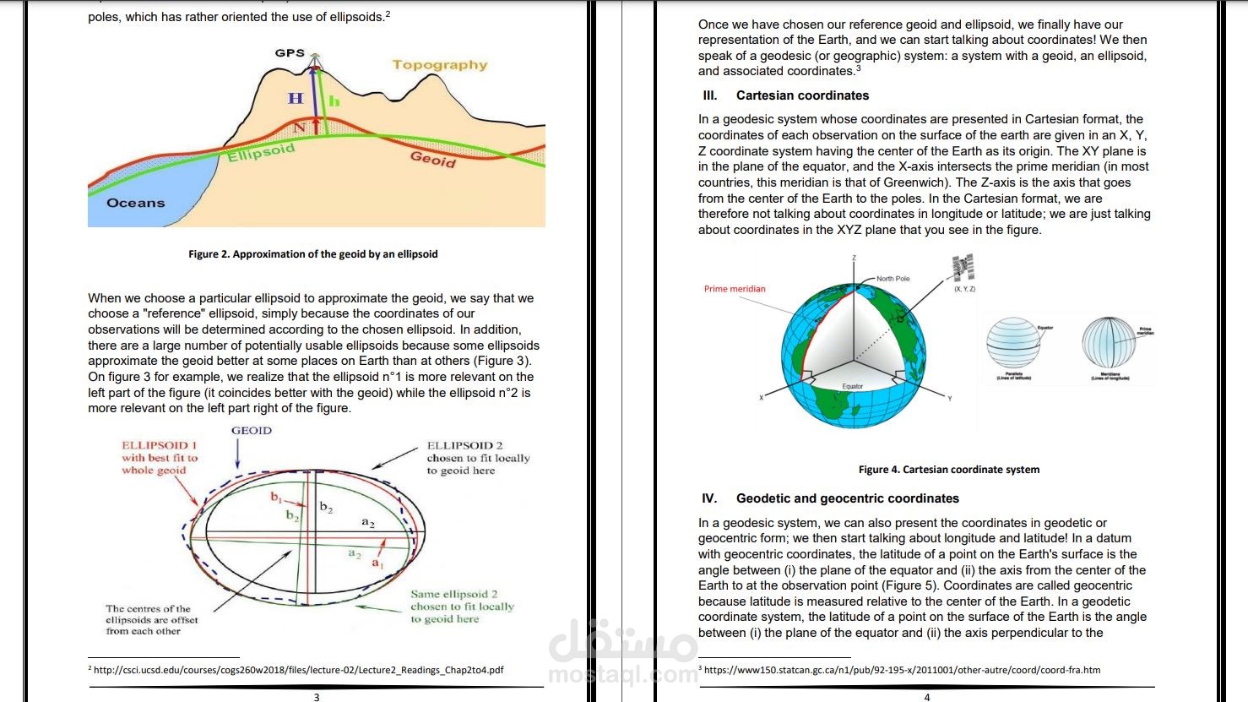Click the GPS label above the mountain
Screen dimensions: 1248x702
click(x=290, y=52)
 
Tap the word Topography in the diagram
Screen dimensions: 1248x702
click(x=440, y=65)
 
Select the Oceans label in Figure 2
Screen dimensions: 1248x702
click(x=136, y=203)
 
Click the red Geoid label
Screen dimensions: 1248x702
click(x=433, y=159)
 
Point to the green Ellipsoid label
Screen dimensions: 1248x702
click(x=261, y=153)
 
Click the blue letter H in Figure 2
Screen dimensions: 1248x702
click(x=296, y=98)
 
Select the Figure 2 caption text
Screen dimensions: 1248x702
click(x=313, y=253)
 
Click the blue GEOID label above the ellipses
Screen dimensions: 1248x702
click(x=252, y=431)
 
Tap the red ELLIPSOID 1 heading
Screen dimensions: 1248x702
click(x=160, y=445)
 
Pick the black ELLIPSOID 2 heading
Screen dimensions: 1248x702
click(x=464, y=445)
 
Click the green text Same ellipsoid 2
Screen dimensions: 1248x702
click(x=454, y=594)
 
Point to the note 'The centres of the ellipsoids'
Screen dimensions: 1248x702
click(x=148, y=619)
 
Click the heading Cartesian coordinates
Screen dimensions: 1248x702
click(x=802, y=95)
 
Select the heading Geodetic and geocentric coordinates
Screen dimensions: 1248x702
click(x=847, y=498)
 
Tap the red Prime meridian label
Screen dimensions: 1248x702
click(x=735, y=289)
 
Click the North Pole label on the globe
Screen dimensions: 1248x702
click(x=893, y=278)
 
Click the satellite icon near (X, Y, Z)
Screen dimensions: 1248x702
click(x=963, y=267)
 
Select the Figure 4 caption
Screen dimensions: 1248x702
click(x=949, y=470)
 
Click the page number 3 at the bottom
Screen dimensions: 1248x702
click(x=317, y=697)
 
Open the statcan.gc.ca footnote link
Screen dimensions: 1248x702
click(x=902, y=670)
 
